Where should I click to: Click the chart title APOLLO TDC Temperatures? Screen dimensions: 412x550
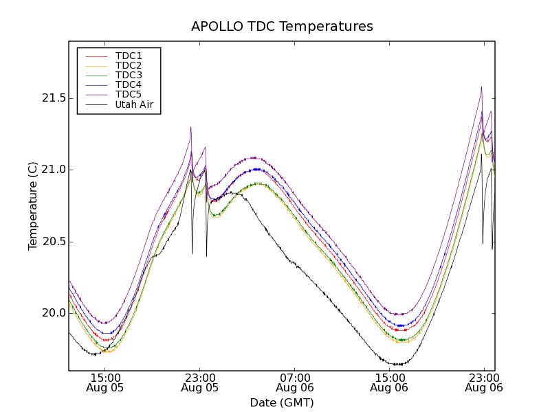pos(282,27)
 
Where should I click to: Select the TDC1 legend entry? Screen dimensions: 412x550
pos(129,56)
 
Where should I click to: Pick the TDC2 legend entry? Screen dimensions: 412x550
pos(129,65)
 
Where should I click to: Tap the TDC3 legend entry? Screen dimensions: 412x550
pos(129,75)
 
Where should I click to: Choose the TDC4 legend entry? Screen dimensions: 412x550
pos(129,84)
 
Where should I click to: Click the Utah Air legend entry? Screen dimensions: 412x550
pos(134,105)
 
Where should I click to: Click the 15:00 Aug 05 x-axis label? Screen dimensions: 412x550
pos(104,382)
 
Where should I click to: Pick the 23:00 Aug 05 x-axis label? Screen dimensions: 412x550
pos(199,382)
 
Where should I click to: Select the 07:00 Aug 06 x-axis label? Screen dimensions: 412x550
pos(294,382)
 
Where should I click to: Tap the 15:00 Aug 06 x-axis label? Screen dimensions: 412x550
pos(389,382)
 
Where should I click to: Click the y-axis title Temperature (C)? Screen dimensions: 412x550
pos(33,206)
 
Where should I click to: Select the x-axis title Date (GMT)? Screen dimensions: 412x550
pos(282,403)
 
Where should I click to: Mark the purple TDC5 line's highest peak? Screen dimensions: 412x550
pos(481,87)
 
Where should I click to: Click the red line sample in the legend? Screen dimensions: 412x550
pos(95,56)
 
